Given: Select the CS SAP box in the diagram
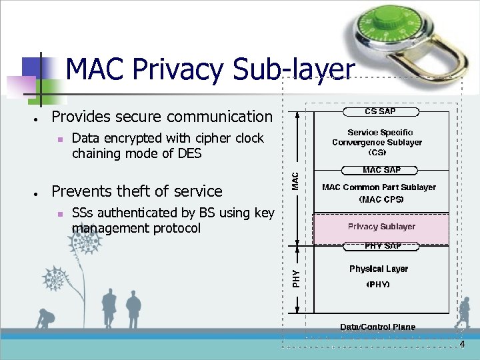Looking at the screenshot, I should (x=380, y=111).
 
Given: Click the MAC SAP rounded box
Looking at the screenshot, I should (x=381, y=170).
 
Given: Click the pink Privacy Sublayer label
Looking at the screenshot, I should (x=381, y=227).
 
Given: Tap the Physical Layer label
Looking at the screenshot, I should (x=378, y=269).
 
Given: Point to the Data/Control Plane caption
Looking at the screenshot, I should (x=377, y=327).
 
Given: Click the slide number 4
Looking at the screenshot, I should (x=461, y=344).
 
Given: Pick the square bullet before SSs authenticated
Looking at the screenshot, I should (x=60, y=215).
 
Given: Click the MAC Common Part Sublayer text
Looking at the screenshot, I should (x=379, y=187).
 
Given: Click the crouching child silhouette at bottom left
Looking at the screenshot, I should (x=45, y=319).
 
